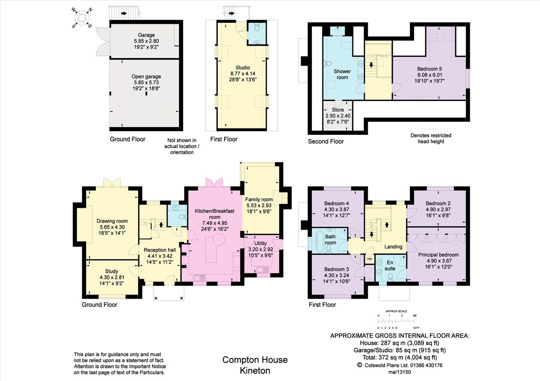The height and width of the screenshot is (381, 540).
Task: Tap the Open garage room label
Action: point(146,76)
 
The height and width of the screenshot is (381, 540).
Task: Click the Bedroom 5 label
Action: point(429,69)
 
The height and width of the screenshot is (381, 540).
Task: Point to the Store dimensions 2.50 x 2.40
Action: point(337,115)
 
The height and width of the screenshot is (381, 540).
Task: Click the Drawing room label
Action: point(112,221)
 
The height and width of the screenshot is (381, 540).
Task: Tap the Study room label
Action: point(112,271)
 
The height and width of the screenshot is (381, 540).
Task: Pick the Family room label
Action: point(259,199)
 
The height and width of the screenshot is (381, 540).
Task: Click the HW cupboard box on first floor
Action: point(369,259)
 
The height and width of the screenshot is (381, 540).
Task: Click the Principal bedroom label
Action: point(436,255)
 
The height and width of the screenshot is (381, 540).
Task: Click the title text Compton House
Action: point(255,360)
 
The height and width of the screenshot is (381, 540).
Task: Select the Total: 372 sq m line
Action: point(400,357)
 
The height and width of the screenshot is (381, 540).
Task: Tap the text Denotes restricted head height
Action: point(431,138)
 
